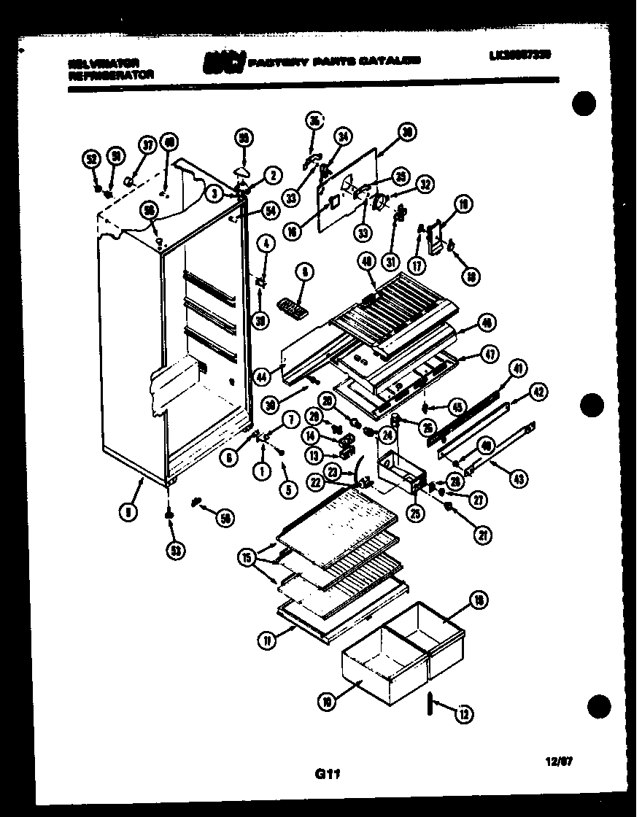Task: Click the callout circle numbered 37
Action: click(x=148, y=144)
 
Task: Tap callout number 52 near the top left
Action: click(x=90, y=158)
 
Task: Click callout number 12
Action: click(x=463, y=716)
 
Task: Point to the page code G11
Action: click(x=321, y=778)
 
